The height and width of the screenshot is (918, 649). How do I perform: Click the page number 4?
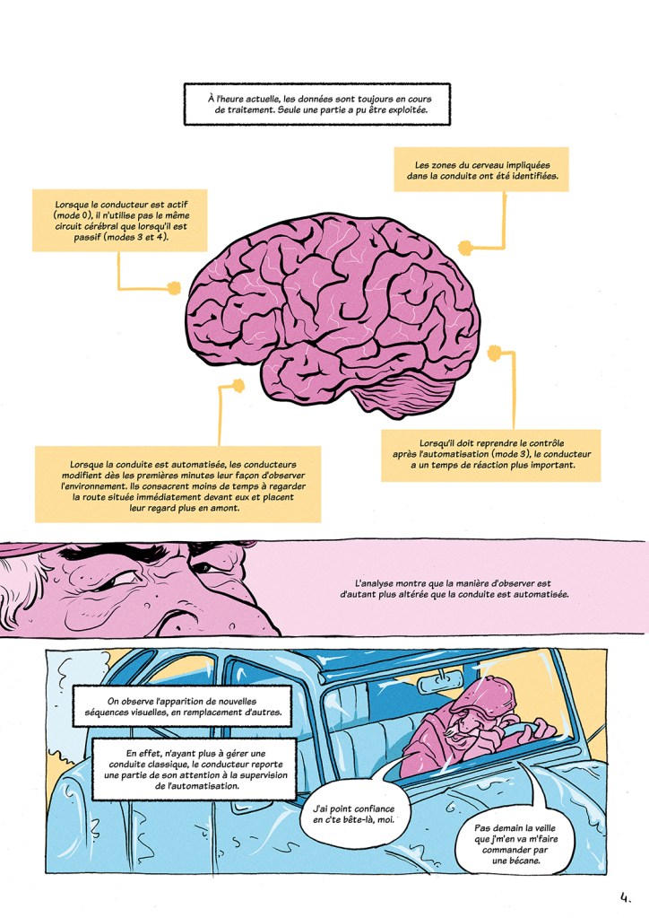(x=625, y=895)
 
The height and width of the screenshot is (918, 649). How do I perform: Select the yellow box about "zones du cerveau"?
(x=481, y=170)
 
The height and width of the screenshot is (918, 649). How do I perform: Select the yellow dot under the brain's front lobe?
(x=238, y=387)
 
